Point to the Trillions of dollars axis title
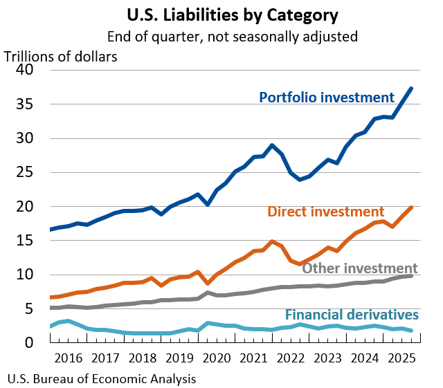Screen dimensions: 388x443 point(61,57)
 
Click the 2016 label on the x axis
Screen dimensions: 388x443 point(68,358)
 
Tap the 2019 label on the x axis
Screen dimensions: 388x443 point(180,358)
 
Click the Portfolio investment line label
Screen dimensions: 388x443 point(327,97)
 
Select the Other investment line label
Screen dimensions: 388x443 point(360,268)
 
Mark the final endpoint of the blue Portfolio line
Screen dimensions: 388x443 point(412,89)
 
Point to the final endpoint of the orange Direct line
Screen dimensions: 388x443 point(412,207)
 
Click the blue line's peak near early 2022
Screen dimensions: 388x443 point(272,145)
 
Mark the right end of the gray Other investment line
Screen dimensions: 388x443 point(412,276)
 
